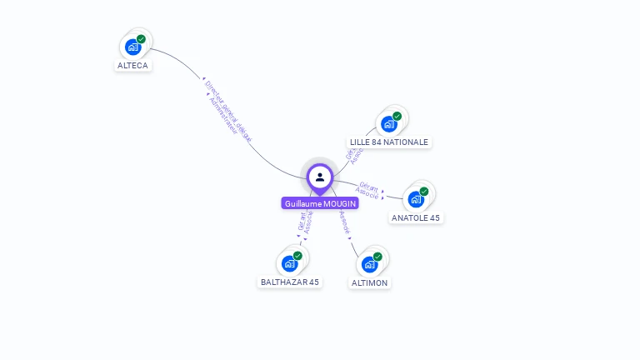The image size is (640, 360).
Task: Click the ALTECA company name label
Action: [133, 65]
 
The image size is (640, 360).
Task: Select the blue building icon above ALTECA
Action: [132, 47]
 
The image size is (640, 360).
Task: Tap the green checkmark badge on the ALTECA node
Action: [142, 39]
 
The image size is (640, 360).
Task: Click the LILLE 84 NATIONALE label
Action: [389, 142]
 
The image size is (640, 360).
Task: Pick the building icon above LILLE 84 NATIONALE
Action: [388, 124]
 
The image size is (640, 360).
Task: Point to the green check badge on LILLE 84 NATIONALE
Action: [397, 116]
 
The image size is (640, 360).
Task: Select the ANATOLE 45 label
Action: [416, 218]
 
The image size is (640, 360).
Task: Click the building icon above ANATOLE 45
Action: [415, 199]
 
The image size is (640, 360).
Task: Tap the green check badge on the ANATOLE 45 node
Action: [424, 192]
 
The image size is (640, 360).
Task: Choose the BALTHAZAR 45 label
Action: [290, 282]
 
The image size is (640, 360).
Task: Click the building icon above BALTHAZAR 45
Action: [289, 263]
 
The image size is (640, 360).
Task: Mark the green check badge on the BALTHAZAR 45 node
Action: [298, 256]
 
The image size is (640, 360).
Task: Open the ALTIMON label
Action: [369, 283]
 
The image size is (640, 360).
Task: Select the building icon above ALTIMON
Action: [368, 264]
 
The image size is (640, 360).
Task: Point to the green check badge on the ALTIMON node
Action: [377, 257]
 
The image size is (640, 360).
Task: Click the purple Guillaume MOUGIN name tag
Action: [320, 203]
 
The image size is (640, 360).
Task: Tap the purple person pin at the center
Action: [320, 177]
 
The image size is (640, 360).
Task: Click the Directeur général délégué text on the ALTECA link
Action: [228, 109]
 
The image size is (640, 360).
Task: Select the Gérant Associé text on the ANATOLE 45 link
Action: [368, 190]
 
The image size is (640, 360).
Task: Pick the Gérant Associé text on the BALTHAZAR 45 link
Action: [305, 223]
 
